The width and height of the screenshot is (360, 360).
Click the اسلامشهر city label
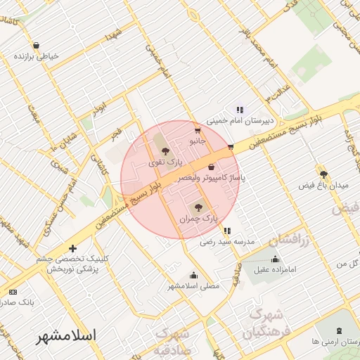68,336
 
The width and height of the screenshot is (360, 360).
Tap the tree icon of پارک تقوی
165,150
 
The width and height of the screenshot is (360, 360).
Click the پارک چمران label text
198,219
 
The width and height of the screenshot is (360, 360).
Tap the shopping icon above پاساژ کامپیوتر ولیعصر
212,167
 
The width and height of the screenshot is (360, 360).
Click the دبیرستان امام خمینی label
240,121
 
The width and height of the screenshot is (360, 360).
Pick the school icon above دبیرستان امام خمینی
240,110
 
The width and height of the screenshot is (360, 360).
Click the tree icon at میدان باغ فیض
323,174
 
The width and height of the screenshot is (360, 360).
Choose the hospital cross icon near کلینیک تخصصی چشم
73,248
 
